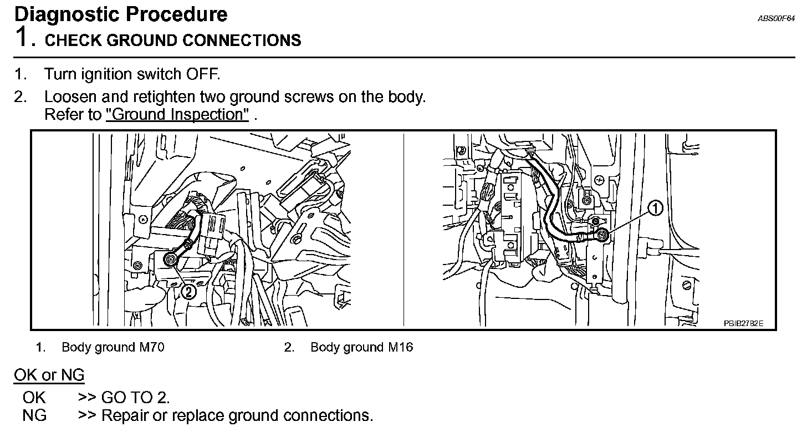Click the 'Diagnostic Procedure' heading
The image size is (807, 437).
pos(120,14)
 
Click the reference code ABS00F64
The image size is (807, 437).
pos(777,19)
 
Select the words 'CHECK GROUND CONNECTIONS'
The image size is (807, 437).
pos(173,40)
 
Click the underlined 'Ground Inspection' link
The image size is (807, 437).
pos(177,115)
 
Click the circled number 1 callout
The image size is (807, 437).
pos(655,208)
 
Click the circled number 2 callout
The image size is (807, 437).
pos(188,291)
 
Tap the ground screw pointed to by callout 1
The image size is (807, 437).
pos(603,236)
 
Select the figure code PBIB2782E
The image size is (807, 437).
pos(743,323)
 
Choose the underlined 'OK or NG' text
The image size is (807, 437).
pos(49,375)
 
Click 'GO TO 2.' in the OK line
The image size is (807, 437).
pos(135,398)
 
